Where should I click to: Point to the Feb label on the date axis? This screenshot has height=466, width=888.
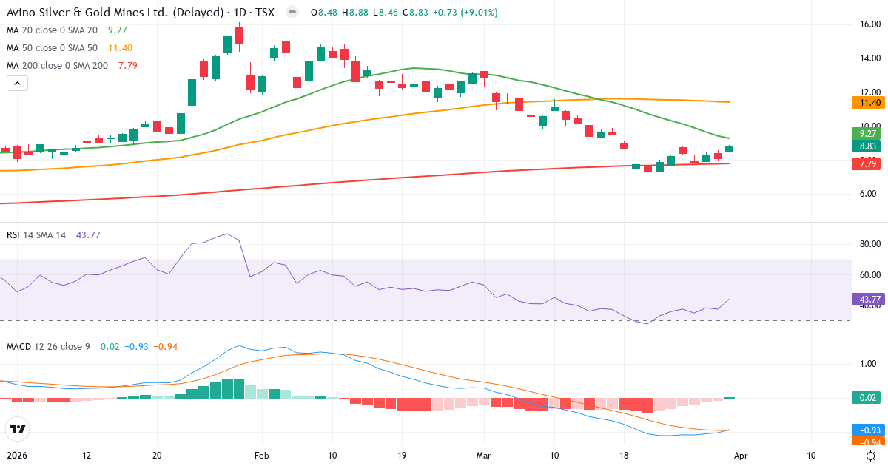260,456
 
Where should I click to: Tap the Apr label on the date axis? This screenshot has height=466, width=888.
741,456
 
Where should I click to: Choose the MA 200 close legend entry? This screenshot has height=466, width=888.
57,65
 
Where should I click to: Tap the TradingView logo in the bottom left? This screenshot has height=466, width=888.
17,429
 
